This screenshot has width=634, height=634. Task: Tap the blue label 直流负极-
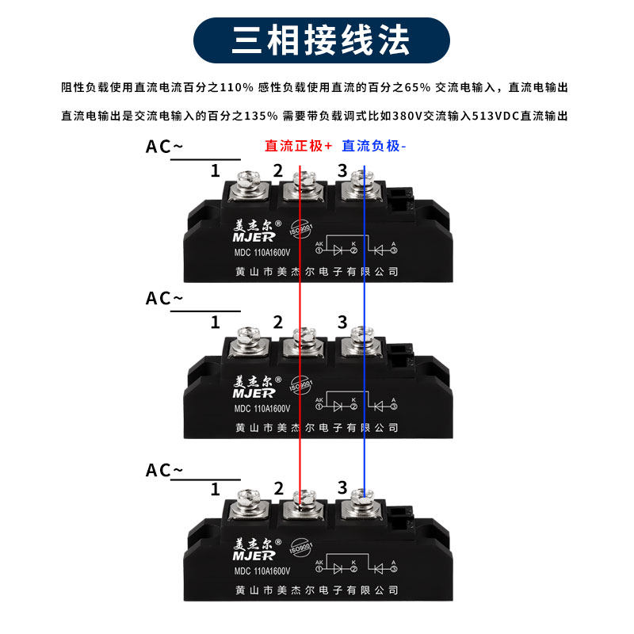click(x=373, y=146)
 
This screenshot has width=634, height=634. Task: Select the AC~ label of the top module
click(x=164, y=147)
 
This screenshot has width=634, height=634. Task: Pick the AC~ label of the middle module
click(x=164, y=298)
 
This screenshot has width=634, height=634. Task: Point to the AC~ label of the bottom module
click(x=164, y=470)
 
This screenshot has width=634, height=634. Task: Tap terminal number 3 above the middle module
click(x=342, y=322)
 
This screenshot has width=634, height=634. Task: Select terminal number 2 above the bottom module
click(x=277, y=488)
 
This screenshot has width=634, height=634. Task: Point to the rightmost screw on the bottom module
click(x=362, y=503)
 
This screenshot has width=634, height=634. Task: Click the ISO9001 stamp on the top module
click(x=302, y=228)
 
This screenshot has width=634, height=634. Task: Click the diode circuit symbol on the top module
click(x=357, y=247)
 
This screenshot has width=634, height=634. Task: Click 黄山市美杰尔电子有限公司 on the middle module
click(x=317, y=427)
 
